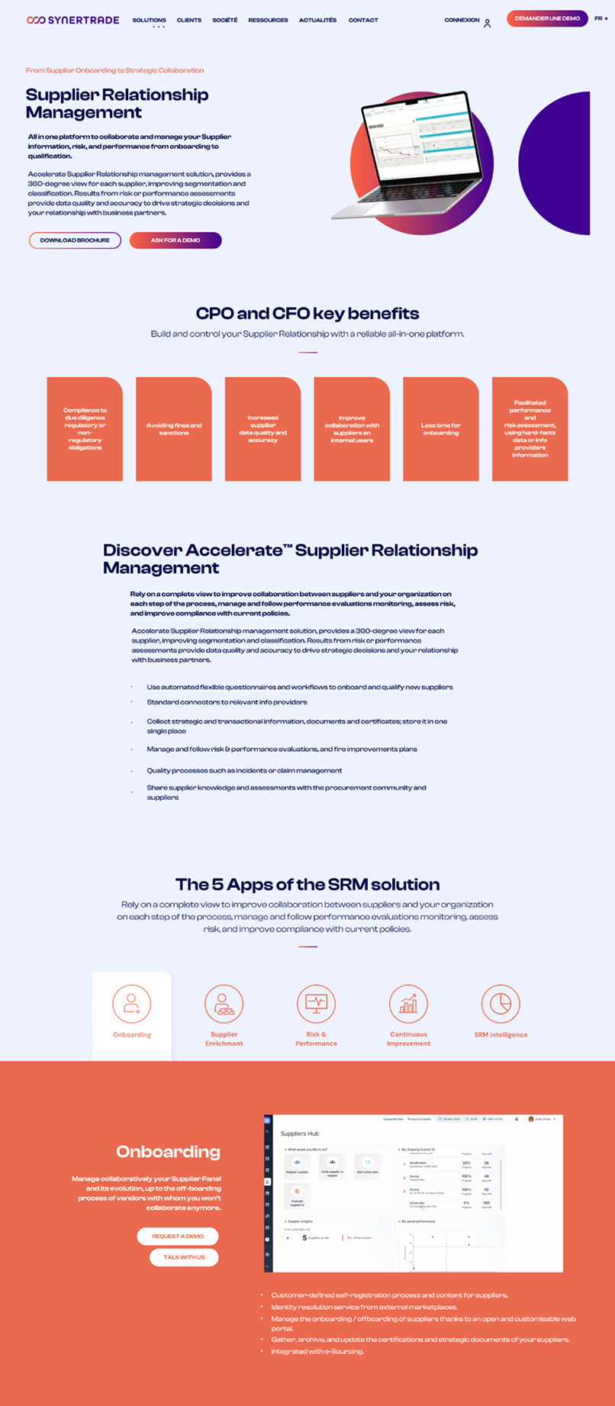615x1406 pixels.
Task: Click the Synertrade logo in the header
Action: (x=72, y=20)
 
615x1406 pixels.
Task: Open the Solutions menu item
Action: (x=149, y=20)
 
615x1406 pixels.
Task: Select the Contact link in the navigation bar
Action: (x=363, y=20)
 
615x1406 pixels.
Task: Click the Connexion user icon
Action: (x=487, y=23)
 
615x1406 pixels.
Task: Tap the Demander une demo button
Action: (x=547, y=18)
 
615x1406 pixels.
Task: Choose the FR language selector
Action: (x=600, y=18)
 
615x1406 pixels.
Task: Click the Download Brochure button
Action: (x=75, y=240)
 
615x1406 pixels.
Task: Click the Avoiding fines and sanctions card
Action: (x=174, y=429)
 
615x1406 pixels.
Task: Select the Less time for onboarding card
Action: (x=441, y=429)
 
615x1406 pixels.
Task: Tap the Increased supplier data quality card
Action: (x=262, y=429)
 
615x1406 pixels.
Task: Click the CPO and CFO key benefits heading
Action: (x=307, y=313)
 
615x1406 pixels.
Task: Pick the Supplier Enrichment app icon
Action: (x=224, y=1004)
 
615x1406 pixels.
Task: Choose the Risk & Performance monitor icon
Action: (x=316, y=1004)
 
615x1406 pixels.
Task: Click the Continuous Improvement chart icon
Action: (x=408, y=1004)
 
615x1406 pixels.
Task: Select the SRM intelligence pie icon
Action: (x=501, y=1004)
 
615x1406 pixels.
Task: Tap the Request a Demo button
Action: (x=178, y=1236)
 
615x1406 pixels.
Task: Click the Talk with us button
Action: (x=184, y=1257)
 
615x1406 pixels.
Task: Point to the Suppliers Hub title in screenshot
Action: (x=300, y=1134)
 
